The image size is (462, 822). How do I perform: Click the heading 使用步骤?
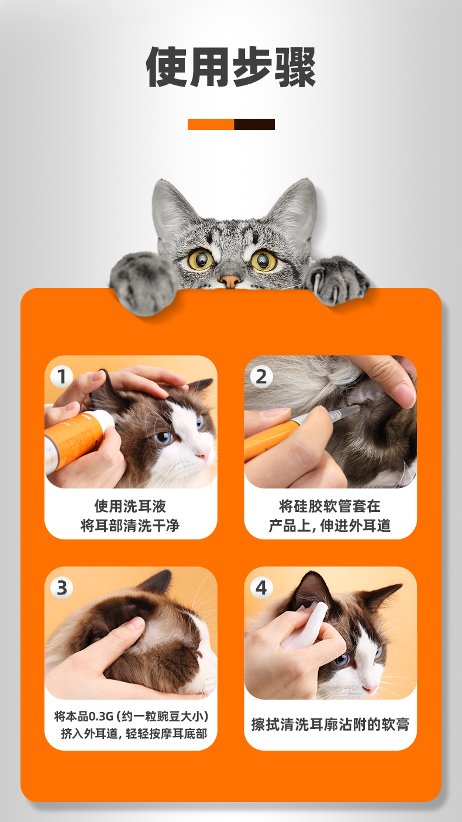[231, 67]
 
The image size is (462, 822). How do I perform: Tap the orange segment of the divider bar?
[211, 124]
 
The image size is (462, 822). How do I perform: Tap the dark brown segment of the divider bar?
[254, 124]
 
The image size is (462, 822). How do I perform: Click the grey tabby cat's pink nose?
[230, 281]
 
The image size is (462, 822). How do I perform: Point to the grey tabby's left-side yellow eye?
[201, 259]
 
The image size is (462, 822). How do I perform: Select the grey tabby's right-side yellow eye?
[263, 260]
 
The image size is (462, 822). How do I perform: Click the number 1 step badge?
[61, 377]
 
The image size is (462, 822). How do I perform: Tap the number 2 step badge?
[261, 377]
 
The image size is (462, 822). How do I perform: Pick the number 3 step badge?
[61, 587]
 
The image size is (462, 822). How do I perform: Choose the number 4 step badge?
[261, 587]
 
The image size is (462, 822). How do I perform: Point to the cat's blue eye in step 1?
[163, 437]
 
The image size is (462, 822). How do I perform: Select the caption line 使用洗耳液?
[130, 506]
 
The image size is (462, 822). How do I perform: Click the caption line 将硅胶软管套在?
[330, 506]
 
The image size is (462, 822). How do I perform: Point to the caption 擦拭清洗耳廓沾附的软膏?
[330, 724]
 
